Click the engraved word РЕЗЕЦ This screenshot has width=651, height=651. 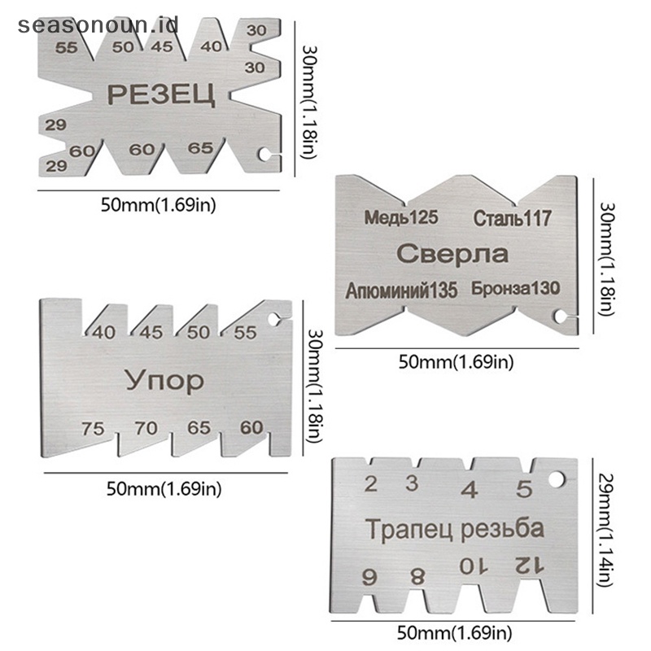(161, 95)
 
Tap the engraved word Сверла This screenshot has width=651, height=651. (452, 254)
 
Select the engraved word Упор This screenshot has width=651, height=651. (164, 379)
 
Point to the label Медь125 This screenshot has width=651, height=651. (401, 217)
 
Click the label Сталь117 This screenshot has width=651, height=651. (512, 218)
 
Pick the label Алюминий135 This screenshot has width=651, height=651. (402, 289)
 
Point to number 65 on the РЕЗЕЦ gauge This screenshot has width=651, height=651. (200, 148)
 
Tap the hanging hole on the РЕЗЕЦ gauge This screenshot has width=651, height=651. (265, 154)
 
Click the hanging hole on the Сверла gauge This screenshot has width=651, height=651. (561, 317)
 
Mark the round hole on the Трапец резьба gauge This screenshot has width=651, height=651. (556, 479)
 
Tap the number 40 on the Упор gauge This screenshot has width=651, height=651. (103, 332)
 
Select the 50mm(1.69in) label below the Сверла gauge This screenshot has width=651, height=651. (456, 363)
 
